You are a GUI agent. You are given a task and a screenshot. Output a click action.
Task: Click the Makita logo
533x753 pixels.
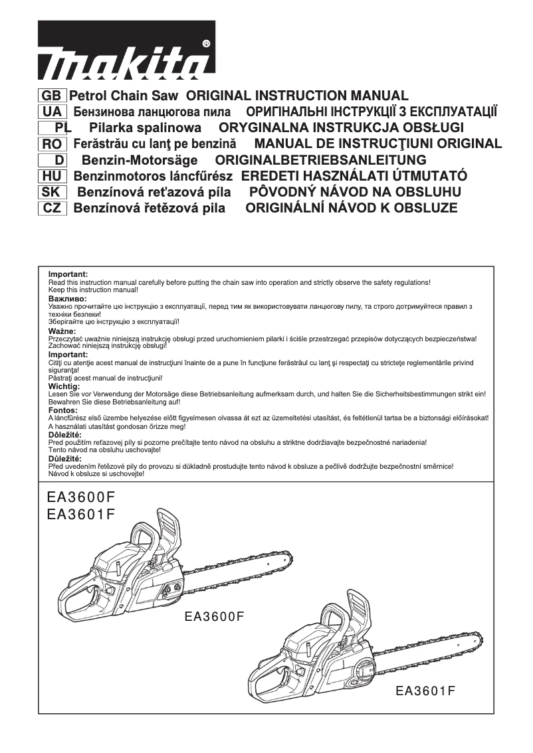click(x=126, y=50)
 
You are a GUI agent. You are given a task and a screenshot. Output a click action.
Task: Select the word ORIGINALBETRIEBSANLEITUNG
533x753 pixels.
click(x=321, y=160)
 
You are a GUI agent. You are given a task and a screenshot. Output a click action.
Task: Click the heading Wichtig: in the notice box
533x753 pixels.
click(x=64, y=386)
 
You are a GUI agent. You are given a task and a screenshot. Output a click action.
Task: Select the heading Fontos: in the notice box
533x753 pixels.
click(x=63, y=410)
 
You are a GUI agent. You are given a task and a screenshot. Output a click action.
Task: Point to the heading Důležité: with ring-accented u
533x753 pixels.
click(x=65, y=459)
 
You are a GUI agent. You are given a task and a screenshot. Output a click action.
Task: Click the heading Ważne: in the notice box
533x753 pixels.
click(x=62, y=331)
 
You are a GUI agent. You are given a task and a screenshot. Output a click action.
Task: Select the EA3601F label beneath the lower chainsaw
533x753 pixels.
click(x=425, y=691)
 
